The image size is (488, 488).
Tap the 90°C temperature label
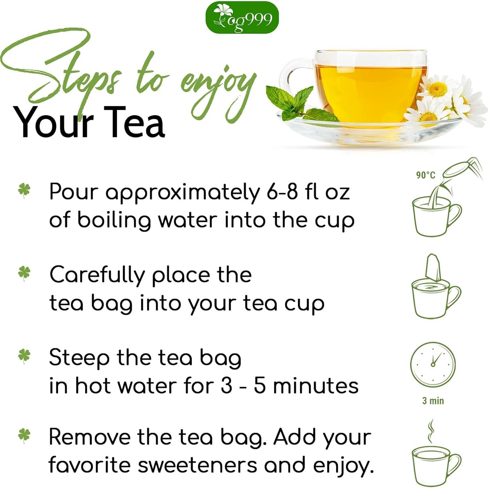click(x=426, y=175)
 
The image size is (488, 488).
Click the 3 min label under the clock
click(x=433, y=401)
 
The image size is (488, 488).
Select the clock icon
click(x=433, y=364)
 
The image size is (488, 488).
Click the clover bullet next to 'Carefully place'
click(x=24, y=273)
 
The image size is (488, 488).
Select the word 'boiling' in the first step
click(x=114, y=221)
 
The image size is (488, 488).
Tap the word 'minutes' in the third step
click(x=315, y=386)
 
